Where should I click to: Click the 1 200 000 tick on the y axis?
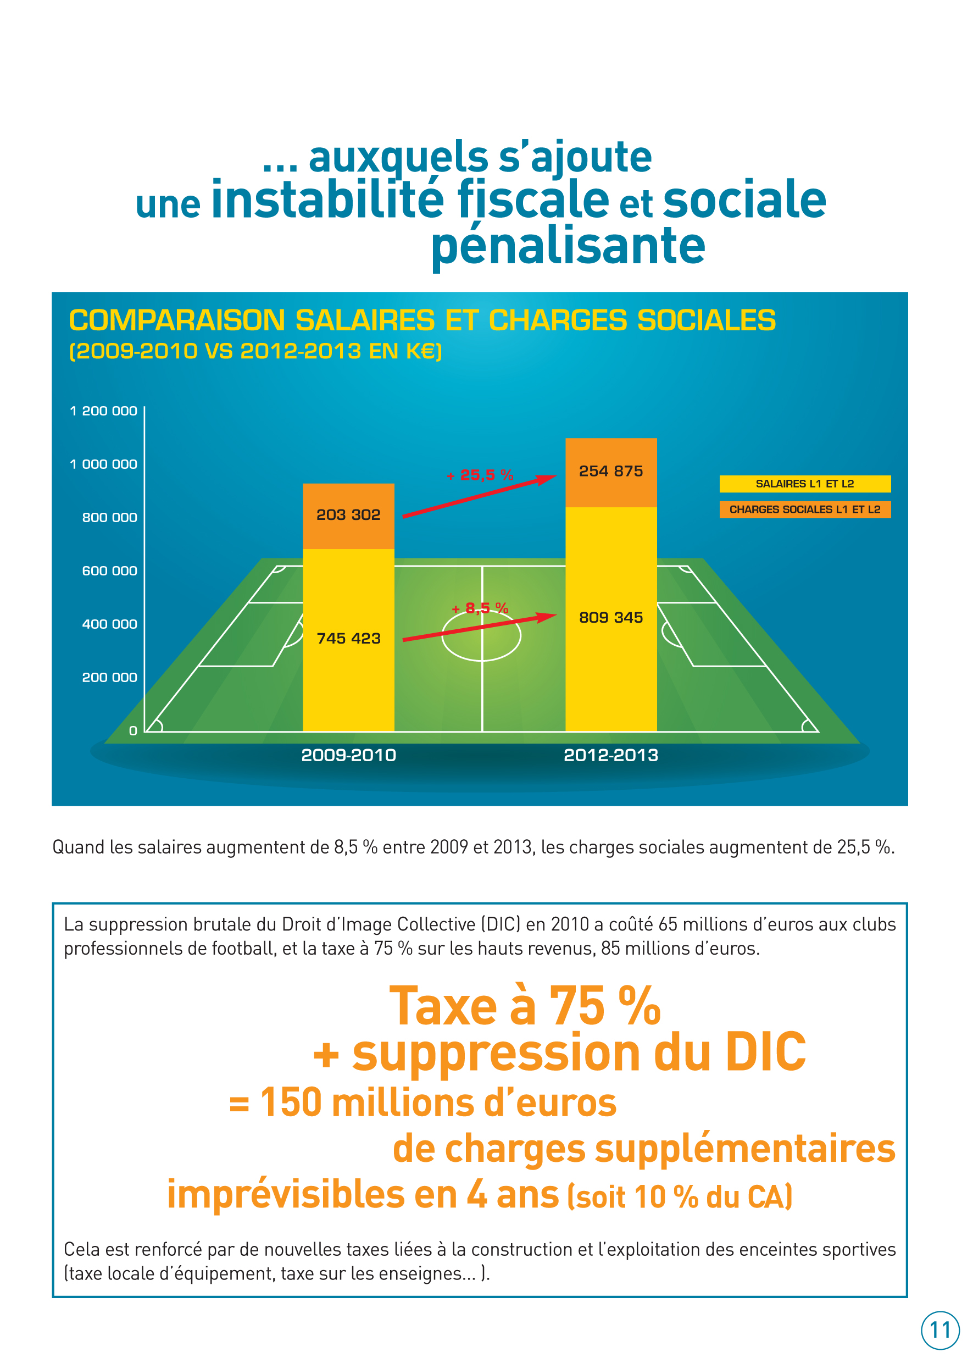pos(104,411)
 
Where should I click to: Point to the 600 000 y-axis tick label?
pos(110,570)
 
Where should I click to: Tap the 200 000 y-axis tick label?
pos(110,677)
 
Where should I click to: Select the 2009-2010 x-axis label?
pos(349,755)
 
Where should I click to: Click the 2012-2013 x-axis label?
pos(610,755)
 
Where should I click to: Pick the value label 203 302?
pos(349,515)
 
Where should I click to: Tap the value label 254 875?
pos(610,471)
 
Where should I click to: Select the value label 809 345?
pos(610,617)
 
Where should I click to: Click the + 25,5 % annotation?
pos(481,475)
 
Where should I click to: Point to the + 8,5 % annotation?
pos(481,608)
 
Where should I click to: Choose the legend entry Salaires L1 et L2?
pos(805,484)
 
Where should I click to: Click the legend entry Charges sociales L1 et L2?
pos(805,509)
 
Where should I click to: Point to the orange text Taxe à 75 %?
pos(525,1006)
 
